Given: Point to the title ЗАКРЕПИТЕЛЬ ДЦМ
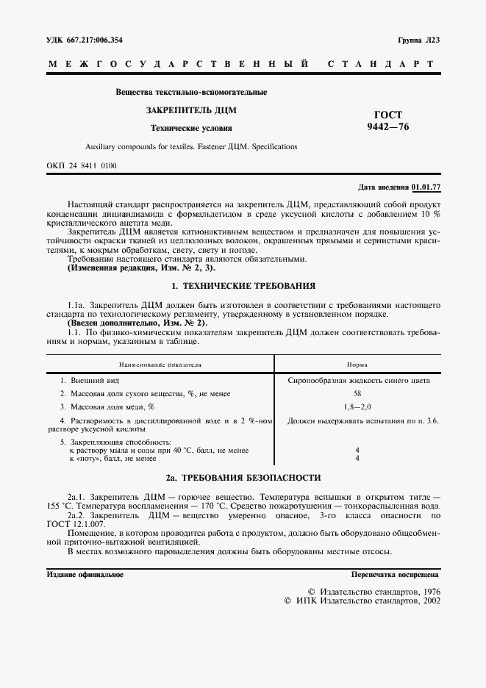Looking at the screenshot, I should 190,110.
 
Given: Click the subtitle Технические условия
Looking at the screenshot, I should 190,128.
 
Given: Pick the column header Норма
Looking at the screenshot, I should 357,364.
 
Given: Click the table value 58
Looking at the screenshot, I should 357,393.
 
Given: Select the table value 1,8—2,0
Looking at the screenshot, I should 357,406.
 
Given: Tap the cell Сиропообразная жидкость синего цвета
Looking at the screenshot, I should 357,381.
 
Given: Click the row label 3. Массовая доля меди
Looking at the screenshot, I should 107,406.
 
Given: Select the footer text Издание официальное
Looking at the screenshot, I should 85,574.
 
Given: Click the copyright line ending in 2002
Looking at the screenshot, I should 361,601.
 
